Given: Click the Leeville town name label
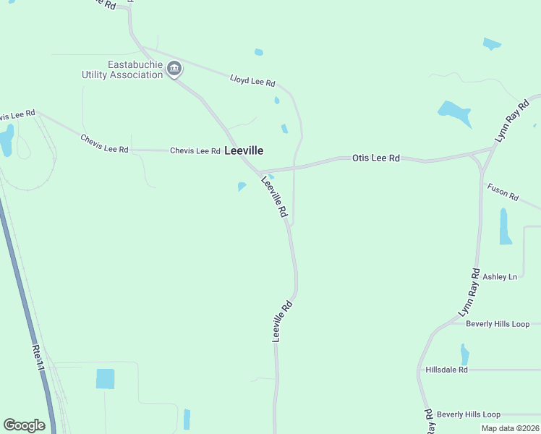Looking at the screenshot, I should pyautogui.click(x=244, y=151).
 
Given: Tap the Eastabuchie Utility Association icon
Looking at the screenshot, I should pyautogui.click(x=174, y=69).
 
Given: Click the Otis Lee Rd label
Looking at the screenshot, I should pyautogui.click(x=376, y=158).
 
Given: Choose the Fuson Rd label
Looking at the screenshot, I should pyautogui.click(x=503, y=192).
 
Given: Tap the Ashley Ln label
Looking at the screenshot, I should pyautogui.click(x=500, y=276).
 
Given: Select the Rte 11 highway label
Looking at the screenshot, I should pyautogui.click(x=38, y=359).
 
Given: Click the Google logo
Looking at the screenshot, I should pyautogui.click(x=24, y=425).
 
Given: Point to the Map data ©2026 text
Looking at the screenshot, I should pyautogui.click(x=509, y=428).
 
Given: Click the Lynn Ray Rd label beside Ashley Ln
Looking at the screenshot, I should pyautogui.click(x=469, y=292).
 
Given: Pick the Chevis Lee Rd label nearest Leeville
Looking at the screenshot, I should pyautogui.click(x=195, y=151).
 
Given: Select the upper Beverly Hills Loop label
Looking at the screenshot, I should pyautogui.click(x=498, y=324).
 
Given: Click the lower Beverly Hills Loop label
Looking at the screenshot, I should pyautogui.click(x=468, y=414).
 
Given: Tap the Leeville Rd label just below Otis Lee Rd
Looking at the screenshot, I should pyautogui.click(x=275, y=198).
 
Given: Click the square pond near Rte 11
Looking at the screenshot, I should pyautogui.click(x=106, y=378).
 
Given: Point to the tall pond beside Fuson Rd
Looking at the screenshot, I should pyautogui.click(x=505, y=226).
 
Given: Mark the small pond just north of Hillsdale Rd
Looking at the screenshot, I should pyautogui.click(x=464, y=354).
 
